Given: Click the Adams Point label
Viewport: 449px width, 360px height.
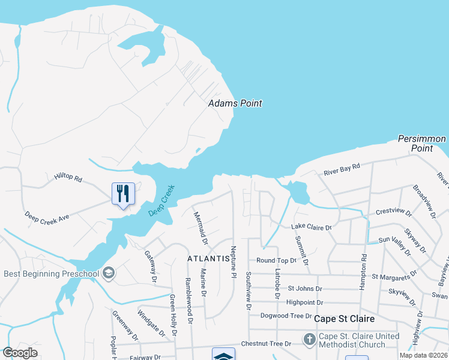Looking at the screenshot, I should (x=235, y=103).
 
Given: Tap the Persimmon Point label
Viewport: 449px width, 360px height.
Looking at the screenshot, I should (x=422, y=143).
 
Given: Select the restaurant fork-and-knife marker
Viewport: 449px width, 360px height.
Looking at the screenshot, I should (x=123, y=193).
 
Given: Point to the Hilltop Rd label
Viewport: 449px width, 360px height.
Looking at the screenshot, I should (x=67, y=178).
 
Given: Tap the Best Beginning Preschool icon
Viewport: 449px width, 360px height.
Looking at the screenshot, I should (x=109, y=274).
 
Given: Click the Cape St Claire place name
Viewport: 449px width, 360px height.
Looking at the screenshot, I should (x=345, y=319).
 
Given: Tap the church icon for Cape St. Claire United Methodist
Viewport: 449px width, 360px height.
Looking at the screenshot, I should (x=309, y=340).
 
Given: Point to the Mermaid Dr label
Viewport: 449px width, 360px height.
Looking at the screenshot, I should (x=200, y=228).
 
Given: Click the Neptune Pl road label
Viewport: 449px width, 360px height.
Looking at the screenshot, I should (x=234, y=262).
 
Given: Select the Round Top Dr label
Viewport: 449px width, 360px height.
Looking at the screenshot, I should (x=276, y=261).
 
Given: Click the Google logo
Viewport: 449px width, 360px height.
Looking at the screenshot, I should (x=20, y=353).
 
